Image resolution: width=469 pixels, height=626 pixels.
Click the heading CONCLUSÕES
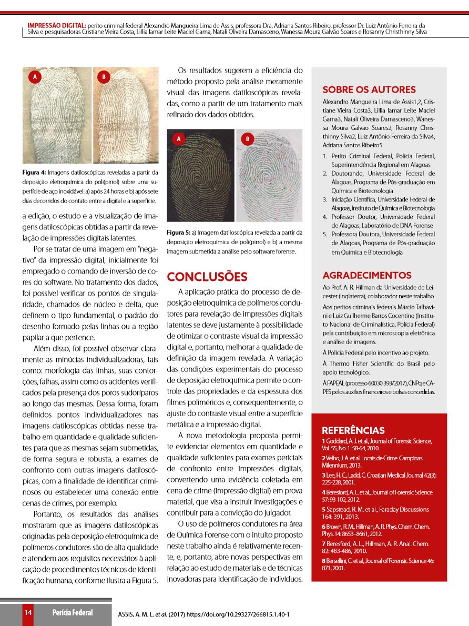pos(207,277)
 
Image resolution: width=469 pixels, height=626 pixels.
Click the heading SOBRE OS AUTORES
pos(369,89)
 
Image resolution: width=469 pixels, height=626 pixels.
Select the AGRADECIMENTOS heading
pos(367,275)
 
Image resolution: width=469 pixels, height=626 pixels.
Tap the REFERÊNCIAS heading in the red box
pos(353,430)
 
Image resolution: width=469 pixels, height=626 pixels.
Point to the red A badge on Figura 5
pos(179,139)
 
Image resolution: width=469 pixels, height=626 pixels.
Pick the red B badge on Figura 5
pos(247,139)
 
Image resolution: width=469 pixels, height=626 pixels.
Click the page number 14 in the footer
pos(28,612)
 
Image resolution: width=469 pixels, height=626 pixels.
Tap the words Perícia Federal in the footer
pos(73,612)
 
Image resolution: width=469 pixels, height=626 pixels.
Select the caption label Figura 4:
pos(34,172)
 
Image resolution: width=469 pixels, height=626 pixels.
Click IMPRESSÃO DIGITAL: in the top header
pos(57,25)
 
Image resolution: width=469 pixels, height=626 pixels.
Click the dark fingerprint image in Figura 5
pos(200,176)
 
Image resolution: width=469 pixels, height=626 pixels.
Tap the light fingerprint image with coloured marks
pos(269,176)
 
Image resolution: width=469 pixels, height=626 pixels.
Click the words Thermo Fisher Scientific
pos(366,364)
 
